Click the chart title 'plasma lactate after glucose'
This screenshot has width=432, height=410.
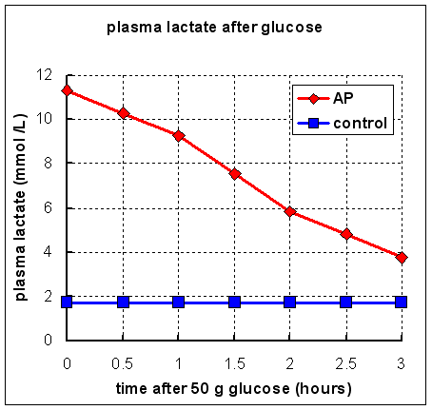point(216,28)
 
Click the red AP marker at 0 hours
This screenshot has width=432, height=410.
point(67,90)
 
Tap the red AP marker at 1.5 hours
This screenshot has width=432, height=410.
point(234,174)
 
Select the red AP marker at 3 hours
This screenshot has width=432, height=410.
point(402,258)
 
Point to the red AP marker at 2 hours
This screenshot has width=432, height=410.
point(290,211)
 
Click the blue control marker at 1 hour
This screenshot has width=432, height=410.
point(178,302)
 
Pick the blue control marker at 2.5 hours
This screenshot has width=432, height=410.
point(345,302)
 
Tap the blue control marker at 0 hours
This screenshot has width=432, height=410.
point(67,302)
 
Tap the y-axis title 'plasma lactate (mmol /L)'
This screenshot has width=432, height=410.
point(20,206)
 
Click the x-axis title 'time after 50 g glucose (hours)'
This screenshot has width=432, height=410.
point(234,387)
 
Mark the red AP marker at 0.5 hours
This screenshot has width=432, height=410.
point(123,113)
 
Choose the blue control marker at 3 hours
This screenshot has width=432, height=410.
point(402,302)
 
